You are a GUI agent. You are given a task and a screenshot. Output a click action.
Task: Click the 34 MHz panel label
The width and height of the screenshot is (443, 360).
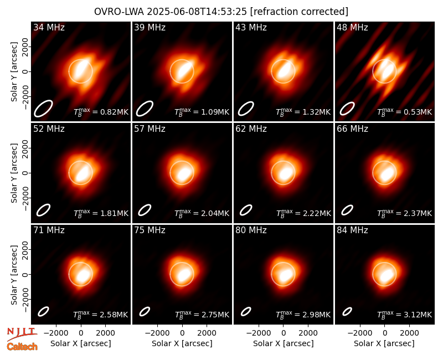pos(49,27)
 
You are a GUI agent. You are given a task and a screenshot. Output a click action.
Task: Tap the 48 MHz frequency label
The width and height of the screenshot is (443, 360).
pos(352,27)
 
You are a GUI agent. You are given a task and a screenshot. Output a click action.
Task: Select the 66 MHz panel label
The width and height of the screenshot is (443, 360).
pos(352,129)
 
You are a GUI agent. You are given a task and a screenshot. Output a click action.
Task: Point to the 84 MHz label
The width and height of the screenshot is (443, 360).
pos(352,230)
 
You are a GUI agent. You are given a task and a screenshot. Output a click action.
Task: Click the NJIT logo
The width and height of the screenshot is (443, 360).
pos(22,333)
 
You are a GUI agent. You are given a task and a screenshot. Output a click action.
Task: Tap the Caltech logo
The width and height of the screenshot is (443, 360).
pos(22,347)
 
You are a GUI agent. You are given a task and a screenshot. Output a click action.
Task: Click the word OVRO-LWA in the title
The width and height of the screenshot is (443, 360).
pos(119,12)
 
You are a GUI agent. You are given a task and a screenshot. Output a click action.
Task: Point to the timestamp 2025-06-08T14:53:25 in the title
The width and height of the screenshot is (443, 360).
pos(197,12)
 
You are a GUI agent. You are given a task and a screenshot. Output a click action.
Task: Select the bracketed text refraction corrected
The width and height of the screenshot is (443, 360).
pos(300,12)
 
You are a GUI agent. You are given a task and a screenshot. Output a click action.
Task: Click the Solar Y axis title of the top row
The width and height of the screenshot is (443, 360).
pos(14,72)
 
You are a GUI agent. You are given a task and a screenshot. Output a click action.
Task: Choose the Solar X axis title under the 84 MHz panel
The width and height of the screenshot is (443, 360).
pos(384,343)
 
